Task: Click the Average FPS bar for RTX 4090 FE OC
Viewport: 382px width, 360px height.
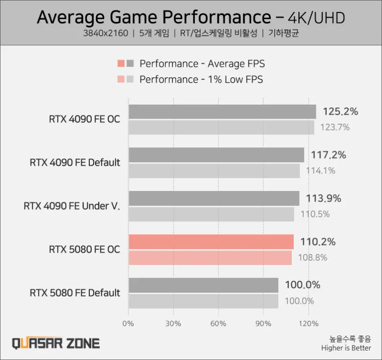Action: coord(222,112)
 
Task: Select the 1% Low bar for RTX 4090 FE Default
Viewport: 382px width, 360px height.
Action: coord(214,171)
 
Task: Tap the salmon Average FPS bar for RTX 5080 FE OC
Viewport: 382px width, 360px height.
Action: coord(211,242)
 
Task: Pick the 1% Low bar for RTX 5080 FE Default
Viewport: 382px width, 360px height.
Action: coord(203,301)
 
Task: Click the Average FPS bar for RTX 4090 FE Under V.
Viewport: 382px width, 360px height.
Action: coord(214,198)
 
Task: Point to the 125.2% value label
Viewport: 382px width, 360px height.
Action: coord(340,112)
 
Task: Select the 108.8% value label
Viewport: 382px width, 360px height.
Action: coord(312,258)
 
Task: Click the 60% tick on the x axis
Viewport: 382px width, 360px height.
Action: coord(218,324)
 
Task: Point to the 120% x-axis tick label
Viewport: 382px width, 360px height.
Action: coord(308,324)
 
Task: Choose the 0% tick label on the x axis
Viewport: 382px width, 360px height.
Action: coord(129,324)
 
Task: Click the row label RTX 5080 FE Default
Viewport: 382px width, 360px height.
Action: coord(75,293)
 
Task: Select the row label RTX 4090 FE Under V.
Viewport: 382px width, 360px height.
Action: coord(72,206)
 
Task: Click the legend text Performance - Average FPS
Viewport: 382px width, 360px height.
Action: coord(202,64)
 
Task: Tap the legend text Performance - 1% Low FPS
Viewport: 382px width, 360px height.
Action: coord(201,79)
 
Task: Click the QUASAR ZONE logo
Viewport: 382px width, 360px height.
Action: coord(56,343)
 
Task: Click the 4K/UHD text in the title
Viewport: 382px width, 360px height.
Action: coord(316,18)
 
